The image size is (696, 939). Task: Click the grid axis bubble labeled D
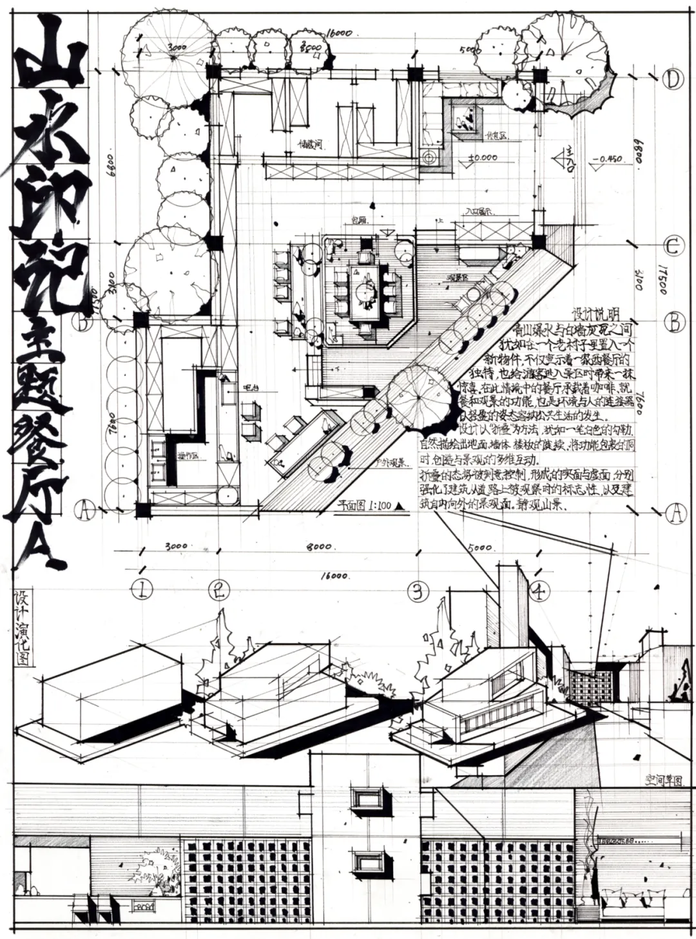tap(673, 80)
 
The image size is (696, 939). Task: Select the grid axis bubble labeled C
tap(673, 247)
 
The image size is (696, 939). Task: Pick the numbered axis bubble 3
tap(420, 590)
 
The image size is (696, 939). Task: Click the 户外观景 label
tap(389, 462)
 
